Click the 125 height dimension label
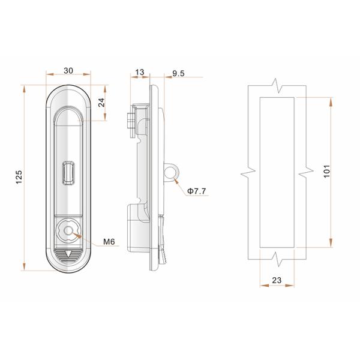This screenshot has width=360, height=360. (19, 176)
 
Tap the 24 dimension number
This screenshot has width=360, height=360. (101, 102)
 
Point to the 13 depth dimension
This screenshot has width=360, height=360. (140, 72)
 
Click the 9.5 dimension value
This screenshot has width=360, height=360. (178, 73)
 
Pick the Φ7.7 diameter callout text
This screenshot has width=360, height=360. (197, 191)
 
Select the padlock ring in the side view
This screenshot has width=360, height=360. (171, 173)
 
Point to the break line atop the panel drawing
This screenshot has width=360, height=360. (277, 85)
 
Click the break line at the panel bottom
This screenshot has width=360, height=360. (277, 259)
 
